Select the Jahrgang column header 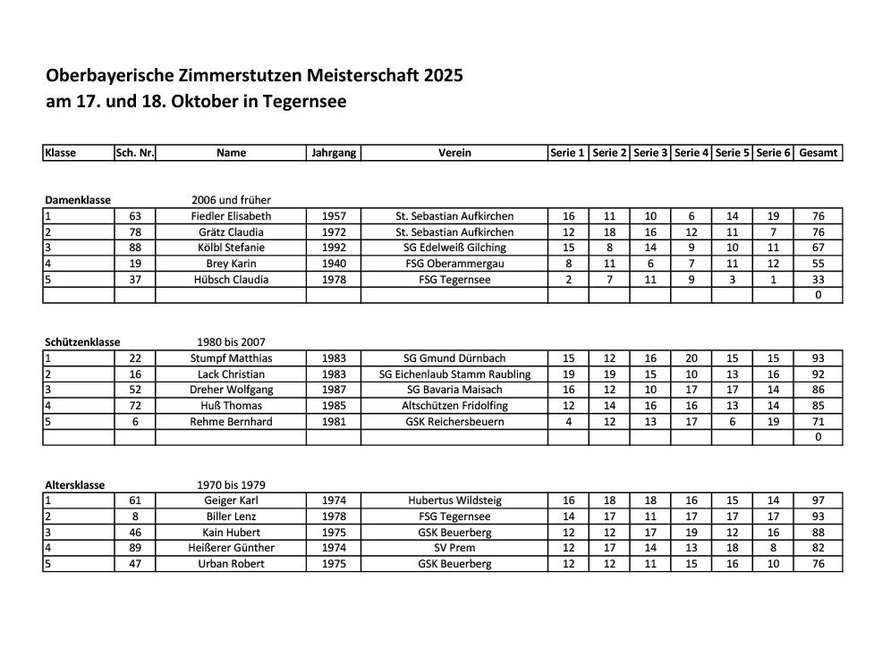[334, 153]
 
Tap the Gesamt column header [819, 153]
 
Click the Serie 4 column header [692, 153]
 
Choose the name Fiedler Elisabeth [231, 216]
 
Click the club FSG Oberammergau [454, 264]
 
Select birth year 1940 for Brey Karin [334, 264]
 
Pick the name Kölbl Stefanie [231, 248]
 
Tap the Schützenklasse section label [81, 342]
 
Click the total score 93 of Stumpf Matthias [819, 358]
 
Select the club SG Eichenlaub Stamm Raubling [454, 374]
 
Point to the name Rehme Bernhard [231, 422]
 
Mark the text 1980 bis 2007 [231, 342]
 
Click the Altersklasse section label [75, 485]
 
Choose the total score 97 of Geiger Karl [819, 501]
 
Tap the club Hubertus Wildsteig [454, 501]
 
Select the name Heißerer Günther [231, 548]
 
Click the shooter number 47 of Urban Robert [135, 564]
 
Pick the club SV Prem [454, 548]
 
